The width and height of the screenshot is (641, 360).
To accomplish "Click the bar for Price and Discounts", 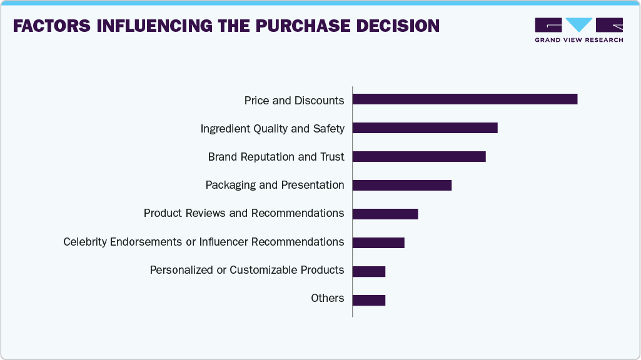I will click(x=465, y=99).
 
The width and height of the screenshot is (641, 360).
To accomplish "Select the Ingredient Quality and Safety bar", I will click(x=425, y=128).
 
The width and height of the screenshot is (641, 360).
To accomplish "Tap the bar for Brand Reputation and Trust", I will click(x=419, y=156).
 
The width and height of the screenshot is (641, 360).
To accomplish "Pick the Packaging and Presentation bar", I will click(x=401, y=185).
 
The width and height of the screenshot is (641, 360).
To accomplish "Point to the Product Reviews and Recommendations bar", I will click(x=385, y=214).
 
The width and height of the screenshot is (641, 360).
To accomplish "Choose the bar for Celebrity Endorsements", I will click(x=378, y=242).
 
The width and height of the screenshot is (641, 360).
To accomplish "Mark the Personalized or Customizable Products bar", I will click(x=369, y=271).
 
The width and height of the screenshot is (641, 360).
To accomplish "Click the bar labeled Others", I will click(x=369, y=300).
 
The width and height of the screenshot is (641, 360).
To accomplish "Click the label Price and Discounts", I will click(x=294, y=101).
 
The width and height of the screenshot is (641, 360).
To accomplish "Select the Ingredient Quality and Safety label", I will click(x=272, y=129).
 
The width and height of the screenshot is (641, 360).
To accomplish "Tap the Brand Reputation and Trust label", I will click(x=276, y=157).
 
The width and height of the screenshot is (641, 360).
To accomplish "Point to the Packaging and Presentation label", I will click(x=275, y=185).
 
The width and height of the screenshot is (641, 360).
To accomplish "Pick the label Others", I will click(x=327, y=298).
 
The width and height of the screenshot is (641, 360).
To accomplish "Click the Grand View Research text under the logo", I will click(x=578, y=40).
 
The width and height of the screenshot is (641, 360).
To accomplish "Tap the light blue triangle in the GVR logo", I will click(x=578, y=24).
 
